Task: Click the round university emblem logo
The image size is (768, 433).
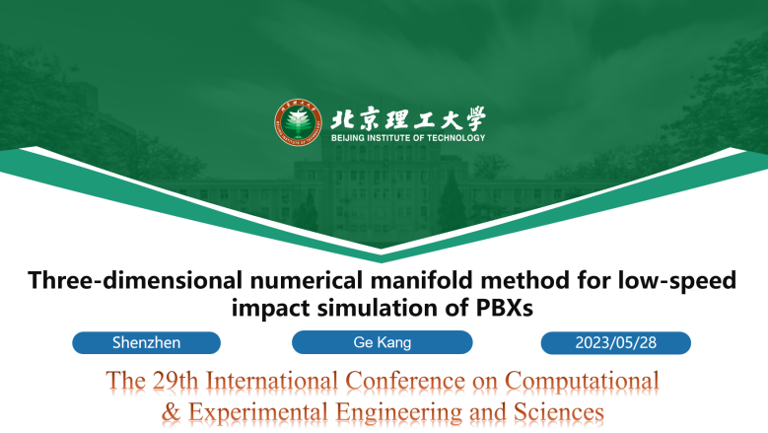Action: click(298, 122)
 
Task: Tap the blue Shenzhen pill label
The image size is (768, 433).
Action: click(147, 342)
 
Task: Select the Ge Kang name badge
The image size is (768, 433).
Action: click(383, 342)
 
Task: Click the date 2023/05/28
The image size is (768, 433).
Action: click(615, 342)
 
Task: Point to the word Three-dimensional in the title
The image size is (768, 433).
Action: click(135, 280)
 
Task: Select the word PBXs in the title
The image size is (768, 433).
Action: click(505, 308)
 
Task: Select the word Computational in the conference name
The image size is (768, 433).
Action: click(582, 381)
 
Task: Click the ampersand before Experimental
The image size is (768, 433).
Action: click(171, 412)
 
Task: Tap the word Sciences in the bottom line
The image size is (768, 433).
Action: click(558, 412)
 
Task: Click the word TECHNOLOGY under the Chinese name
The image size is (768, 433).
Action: click(455, 138)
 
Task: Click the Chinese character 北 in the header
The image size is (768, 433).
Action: click(341, 119)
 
